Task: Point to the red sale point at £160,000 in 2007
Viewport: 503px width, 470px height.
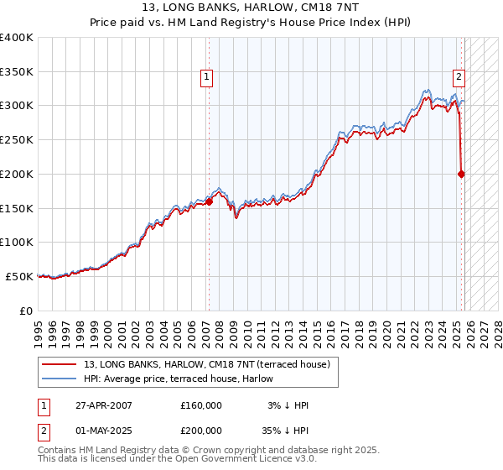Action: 209,201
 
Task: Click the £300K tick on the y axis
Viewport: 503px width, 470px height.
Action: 17,106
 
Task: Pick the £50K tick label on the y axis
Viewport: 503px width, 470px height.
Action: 19,276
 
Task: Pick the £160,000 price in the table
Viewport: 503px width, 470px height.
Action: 201,405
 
